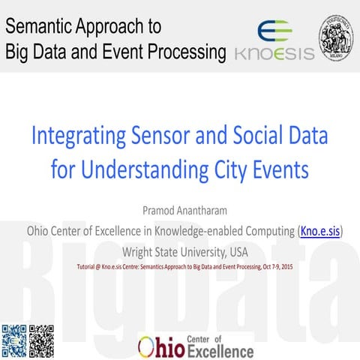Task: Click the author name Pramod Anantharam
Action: click(179, 208)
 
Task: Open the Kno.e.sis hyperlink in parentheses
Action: click(320, 229)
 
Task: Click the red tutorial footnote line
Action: click(179, 266)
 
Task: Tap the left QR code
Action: click(13, 340)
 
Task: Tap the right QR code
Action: click(41, 340)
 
